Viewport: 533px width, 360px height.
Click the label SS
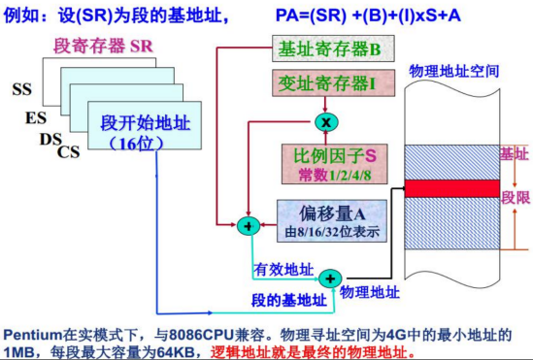(22, 90)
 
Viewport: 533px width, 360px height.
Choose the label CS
(69, 151)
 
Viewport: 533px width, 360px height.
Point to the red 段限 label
(514, 196)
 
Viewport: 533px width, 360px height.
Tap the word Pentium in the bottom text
(32, 331)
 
